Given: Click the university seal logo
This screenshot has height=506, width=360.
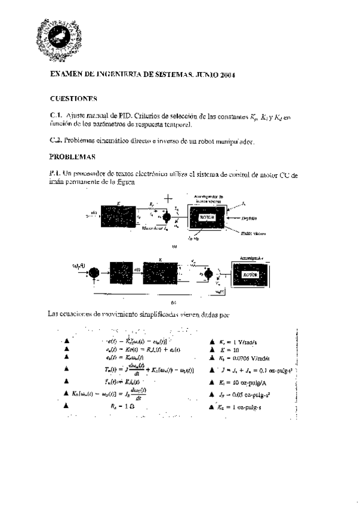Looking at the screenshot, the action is coord(54,35).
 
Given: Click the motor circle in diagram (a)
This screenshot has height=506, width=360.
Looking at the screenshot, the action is coord(168,218).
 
